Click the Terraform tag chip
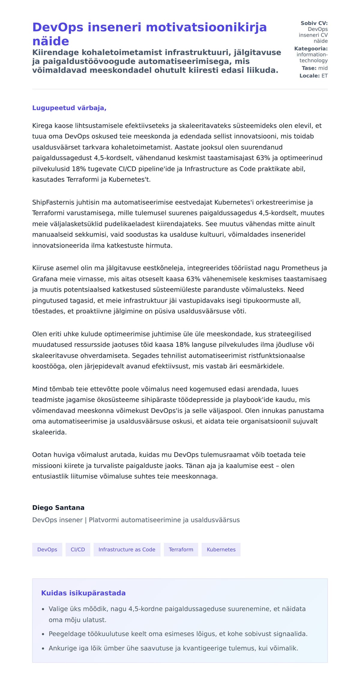(181, 550)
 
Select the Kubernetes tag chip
(221, 550)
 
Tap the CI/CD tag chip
(78, 550)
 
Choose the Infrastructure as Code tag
(127, 550)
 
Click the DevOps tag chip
(47, 550)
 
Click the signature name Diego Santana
(58, 508)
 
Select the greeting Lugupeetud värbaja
(69, 108)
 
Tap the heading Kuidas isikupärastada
(83, 593)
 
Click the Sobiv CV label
(314, 23)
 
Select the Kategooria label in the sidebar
(311, 49)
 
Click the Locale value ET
(325, 76)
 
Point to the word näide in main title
(50, 41)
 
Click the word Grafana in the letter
(45, 279)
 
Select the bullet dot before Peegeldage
(43, 634)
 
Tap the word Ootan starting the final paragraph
(41, 455)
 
